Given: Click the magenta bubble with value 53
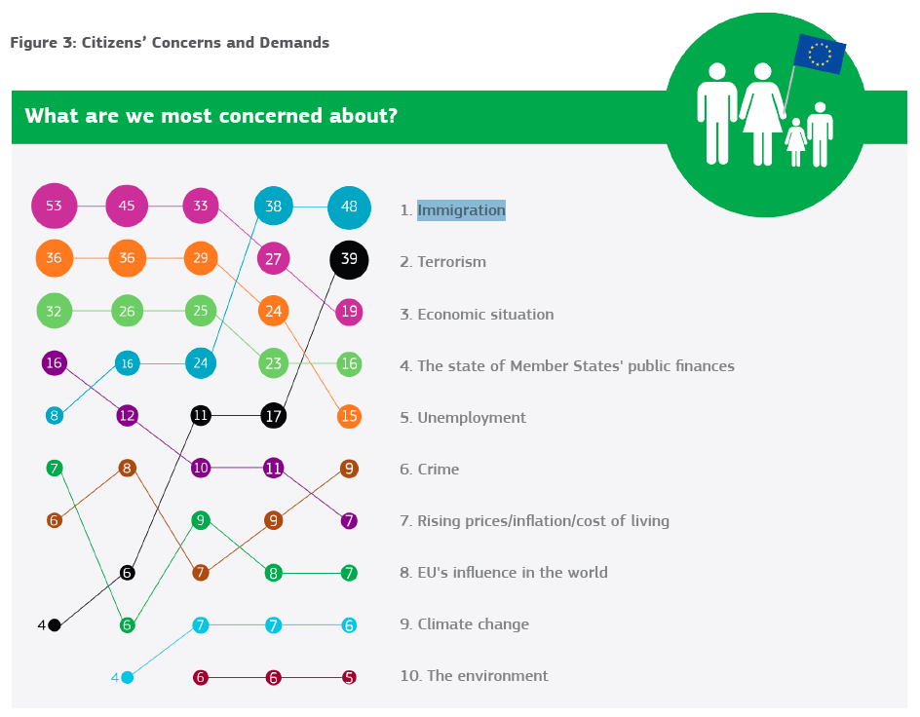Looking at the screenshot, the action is pos(54,206).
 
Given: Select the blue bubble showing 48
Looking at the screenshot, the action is pos(349,208).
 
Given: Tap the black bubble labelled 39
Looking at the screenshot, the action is pos(349,260).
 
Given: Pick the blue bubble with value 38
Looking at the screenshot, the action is pos(274,206).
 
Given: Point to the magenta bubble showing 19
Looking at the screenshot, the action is pos(349,312).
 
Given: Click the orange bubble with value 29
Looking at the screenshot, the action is pos(201,258).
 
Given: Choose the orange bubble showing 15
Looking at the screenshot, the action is pos(349,416).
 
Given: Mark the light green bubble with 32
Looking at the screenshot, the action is pos(54,311).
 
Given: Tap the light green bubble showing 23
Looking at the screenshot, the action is pos(274,363).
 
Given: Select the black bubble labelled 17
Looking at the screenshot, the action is pos(274,416).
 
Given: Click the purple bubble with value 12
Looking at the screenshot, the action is pos(128,416).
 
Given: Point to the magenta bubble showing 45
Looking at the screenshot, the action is pos(127,206).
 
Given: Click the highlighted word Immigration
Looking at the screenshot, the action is pos(461,209).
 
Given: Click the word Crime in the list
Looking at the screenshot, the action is pos(438,469).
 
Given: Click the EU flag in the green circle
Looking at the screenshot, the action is pos(820,54).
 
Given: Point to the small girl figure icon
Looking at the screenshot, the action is pos(796,142).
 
